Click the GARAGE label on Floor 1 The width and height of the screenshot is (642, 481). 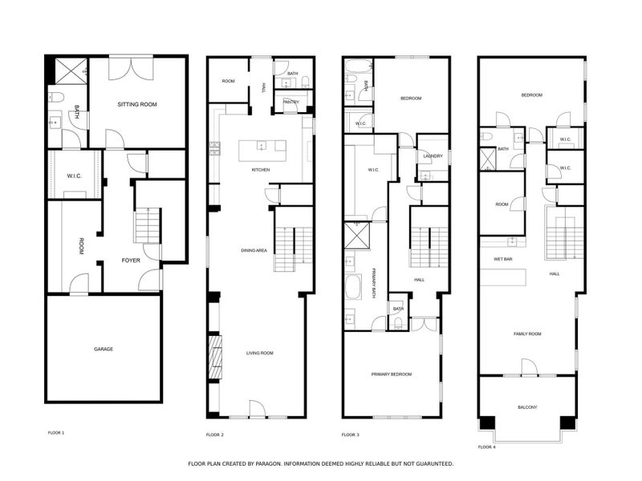103,349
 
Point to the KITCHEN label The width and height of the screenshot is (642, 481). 260,170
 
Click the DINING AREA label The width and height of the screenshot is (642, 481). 254,251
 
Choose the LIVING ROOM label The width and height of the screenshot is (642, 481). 260,353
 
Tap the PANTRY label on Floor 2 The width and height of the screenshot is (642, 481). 291,102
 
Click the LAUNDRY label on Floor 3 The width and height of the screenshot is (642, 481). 433,156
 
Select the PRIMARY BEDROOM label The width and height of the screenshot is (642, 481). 391,374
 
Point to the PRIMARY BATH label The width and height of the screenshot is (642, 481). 375,285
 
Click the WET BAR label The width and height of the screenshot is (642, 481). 503,260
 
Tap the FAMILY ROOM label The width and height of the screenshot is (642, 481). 527,333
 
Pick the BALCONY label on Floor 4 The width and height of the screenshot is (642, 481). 527,407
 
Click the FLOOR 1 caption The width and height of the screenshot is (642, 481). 56,433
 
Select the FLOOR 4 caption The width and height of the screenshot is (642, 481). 487,447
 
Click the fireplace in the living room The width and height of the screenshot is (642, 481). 214,358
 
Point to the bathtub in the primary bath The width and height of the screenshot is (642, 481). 353,287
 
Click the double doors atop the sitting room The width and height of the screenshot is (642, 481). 128,66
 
